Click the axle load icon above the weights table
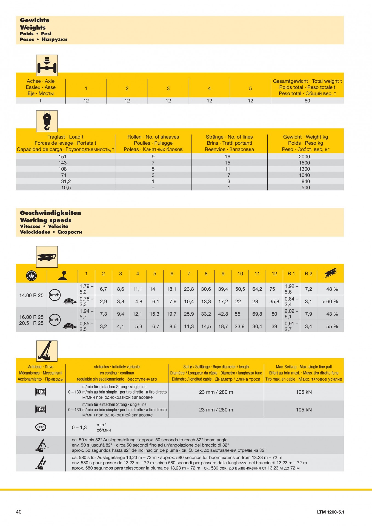click(47, 65)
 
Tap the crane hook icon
click(47, 121)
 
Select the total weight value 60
click(307, 101)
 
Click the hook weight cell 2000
click(304, 157)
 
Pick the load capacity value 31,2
click(66, 181)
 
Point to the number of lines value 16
click(227, 157)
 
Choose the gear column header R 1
click(291, 273)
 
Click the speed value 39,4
click(223, 289)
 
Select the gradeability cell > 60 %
click(330, 302)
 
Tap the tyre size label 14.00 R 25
click(31, 295)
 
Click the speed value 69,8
click(257, 314)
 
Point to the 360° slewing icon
click(41, 427)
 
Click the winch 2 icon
click(41, 410)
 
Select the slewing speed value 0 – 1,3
click(79, 427)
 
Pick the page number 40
click(19, 512)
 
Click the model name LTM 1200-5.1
click(330, 512)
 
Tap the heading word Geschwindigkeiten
click(50, 213)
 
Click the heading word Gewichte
click(35, 20)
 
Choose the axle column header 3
click(168, 88)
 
